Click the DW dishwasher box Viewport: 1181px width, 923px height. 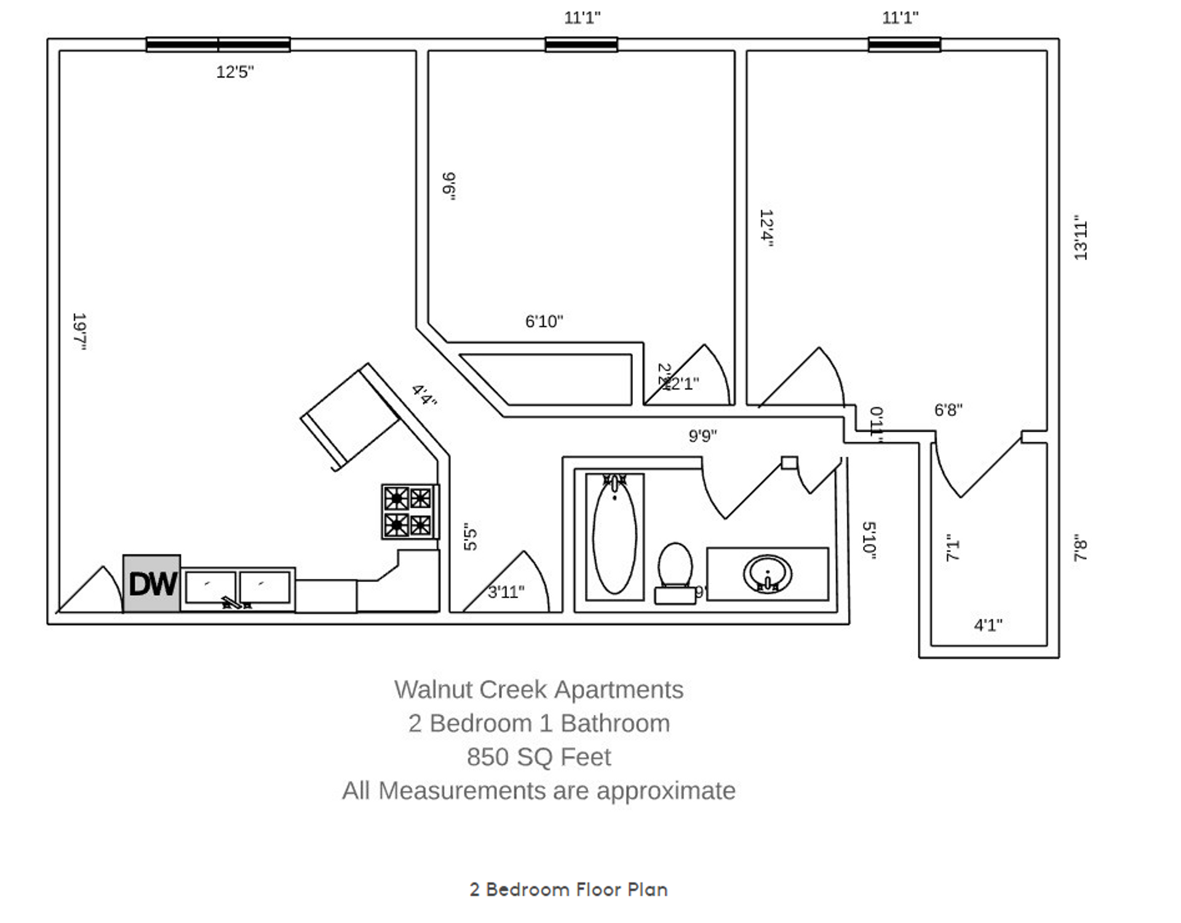pyautogui.click(x=152, y=583)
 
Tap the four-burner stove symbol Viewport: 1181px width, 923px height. pyautogui.click(x=409, y=511)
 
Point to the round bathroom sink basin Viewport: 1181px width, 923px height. pyautogui.click(x=767, y=574)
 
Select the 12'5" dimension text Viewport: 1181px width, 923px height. pyautogui.click(x=234, y=72)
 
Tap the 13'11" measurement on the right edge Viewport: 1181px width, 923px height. pyautogui.click(x=1081, y=238)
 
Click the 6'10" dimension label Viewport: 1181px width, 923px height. pyautogui.click(x=544, y=321)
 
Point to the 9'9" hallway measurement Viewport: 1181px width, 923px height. pyautogui.click(x=702, y=436)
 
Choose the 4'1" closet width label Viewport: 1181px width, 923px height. pyautogui.click(x=988, y=625)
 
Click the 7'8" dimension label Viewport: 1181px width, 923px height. pyautogui.click(x=1081, y=547)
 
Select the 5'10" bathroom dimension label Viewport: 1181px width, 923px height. pyautogui.click(x=869, y=540)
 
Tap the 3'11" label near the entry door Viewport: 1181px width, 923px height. pyautogui.click(x=506, y=592)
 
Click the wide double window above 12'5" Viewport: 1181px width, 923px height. pyautogui.click(x=218, y=44)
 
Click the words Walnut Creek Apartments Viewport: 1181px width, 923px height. pyautogui.click(x=538, y=690)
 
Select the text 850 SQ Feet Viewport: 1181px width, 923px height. pyautogui.click(x=538, y=757)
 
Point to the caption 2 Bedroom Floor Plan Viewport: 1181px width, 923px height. pyautogui.click(x=568, y=889)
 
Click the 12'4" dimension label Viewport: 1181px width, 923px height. pyautogui.click(x=766, y=228)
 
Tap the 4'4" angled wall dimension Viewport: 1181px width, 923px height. pyautogui.click(x=424, y=394)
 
